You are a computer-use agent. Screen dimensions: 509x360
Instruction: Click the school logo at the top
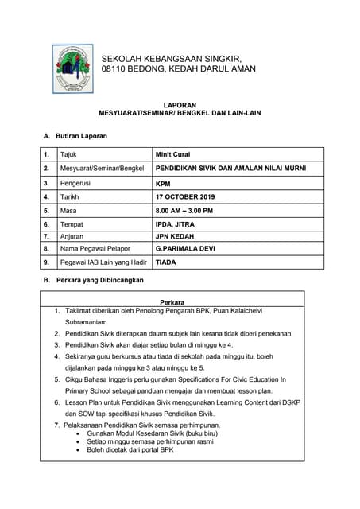pos(73,68)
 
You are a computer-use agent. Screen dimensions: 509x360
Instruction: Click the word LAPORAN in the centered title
pos(180,104)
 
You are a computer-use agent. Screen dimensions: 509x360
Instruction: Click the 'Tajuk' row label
pos(69,154)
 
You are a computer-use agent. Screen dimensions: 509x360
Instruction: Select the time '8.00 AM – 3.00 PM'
pos(184,211)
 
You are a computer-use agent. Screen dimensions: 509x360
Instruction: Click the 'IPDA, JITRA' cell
pos(177,225)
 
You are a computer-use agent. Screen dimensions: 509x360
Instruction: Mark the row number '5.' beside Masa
pos(47,211)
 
